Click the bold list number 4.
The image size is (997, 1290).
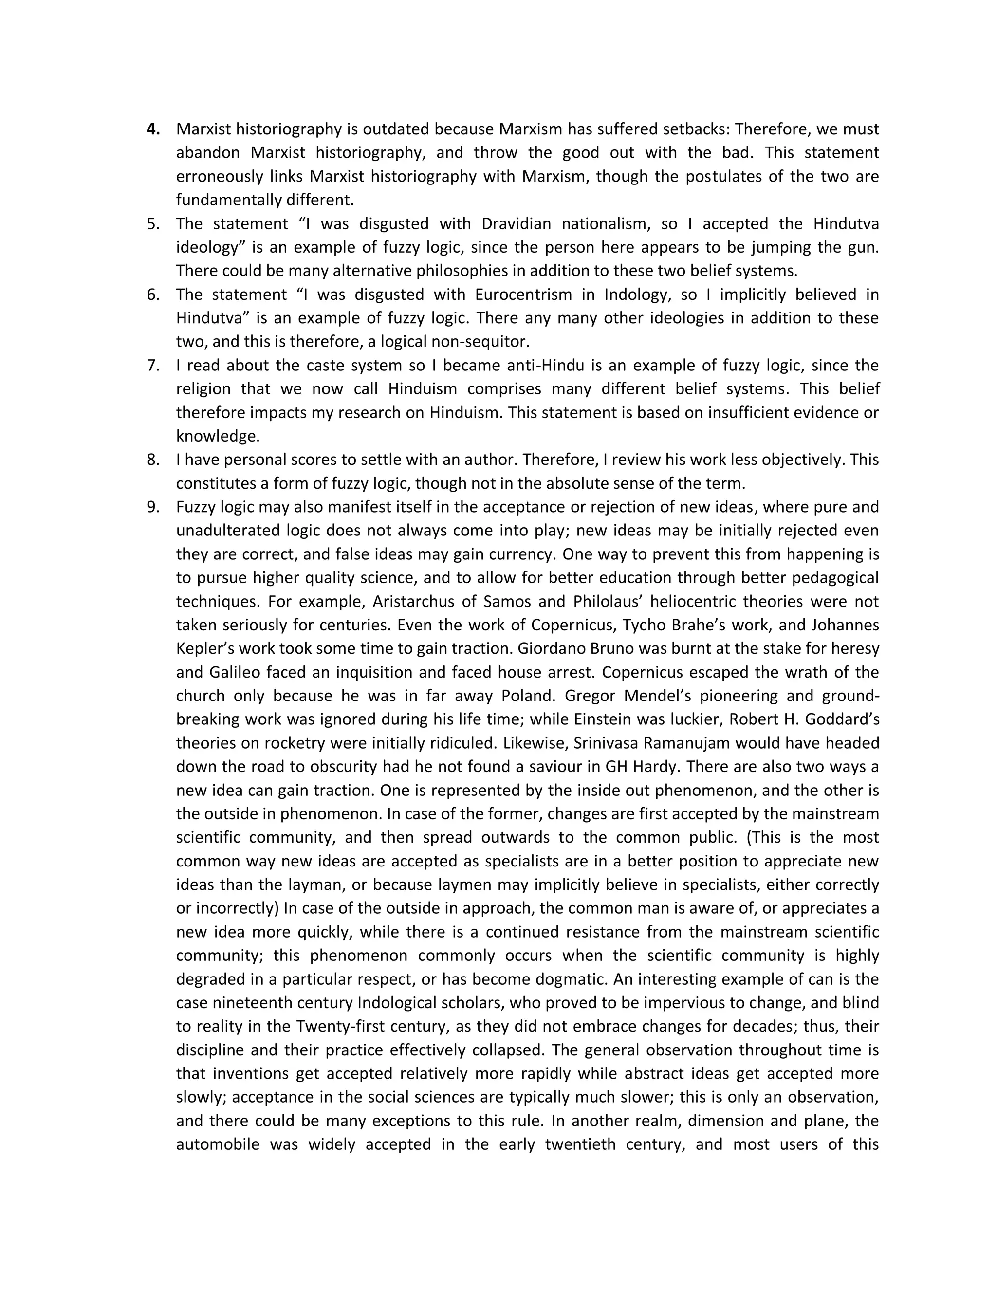[153, 129]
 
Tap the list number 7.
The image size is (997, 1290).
[153, 365]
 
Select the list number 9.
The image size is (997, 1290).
[153, 507]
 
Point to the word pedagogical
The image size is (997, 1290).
[835, 578]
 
